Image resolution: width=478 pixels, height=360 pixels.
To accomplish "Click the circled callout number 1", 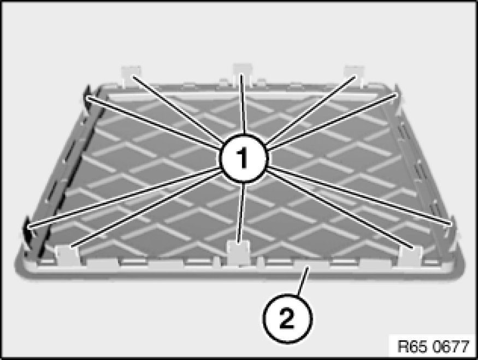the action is click(x=243, y=158).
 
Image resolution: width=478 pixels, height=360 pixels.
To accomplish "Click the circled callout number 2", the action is click(x=287, y=318).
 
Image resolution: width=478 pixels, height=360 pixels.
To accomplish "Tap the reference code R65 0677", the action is click(x=433, y=346).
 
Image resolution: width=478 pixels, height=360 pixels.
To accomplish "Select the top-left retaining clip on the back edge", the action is click(x=131, y=75).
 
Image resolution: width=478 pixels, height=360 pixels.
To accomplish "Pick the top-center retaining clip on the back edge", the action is click(x=243, y=73).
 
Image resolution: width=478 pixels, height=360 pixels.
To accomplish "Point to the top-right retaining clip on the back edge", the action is click(x=354, y=75).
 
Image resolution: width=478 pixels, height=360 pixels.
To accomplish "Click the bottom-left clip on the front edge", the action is click(x=67, y=255).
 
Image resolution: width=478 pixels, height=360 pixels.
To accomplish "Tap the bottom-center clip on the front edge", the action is click(x=239, y=252).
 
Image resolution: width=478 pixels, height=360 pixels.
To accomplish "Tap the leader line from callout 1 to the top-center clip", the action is click(x=243, y=104).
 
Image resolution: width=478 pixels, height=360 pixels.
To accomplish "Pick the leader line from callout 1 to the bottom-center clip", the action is click(x=241, y=214).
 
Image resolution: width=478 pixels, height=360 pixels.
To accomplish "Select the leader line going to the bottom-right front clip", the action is click(x=340, y=209).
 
